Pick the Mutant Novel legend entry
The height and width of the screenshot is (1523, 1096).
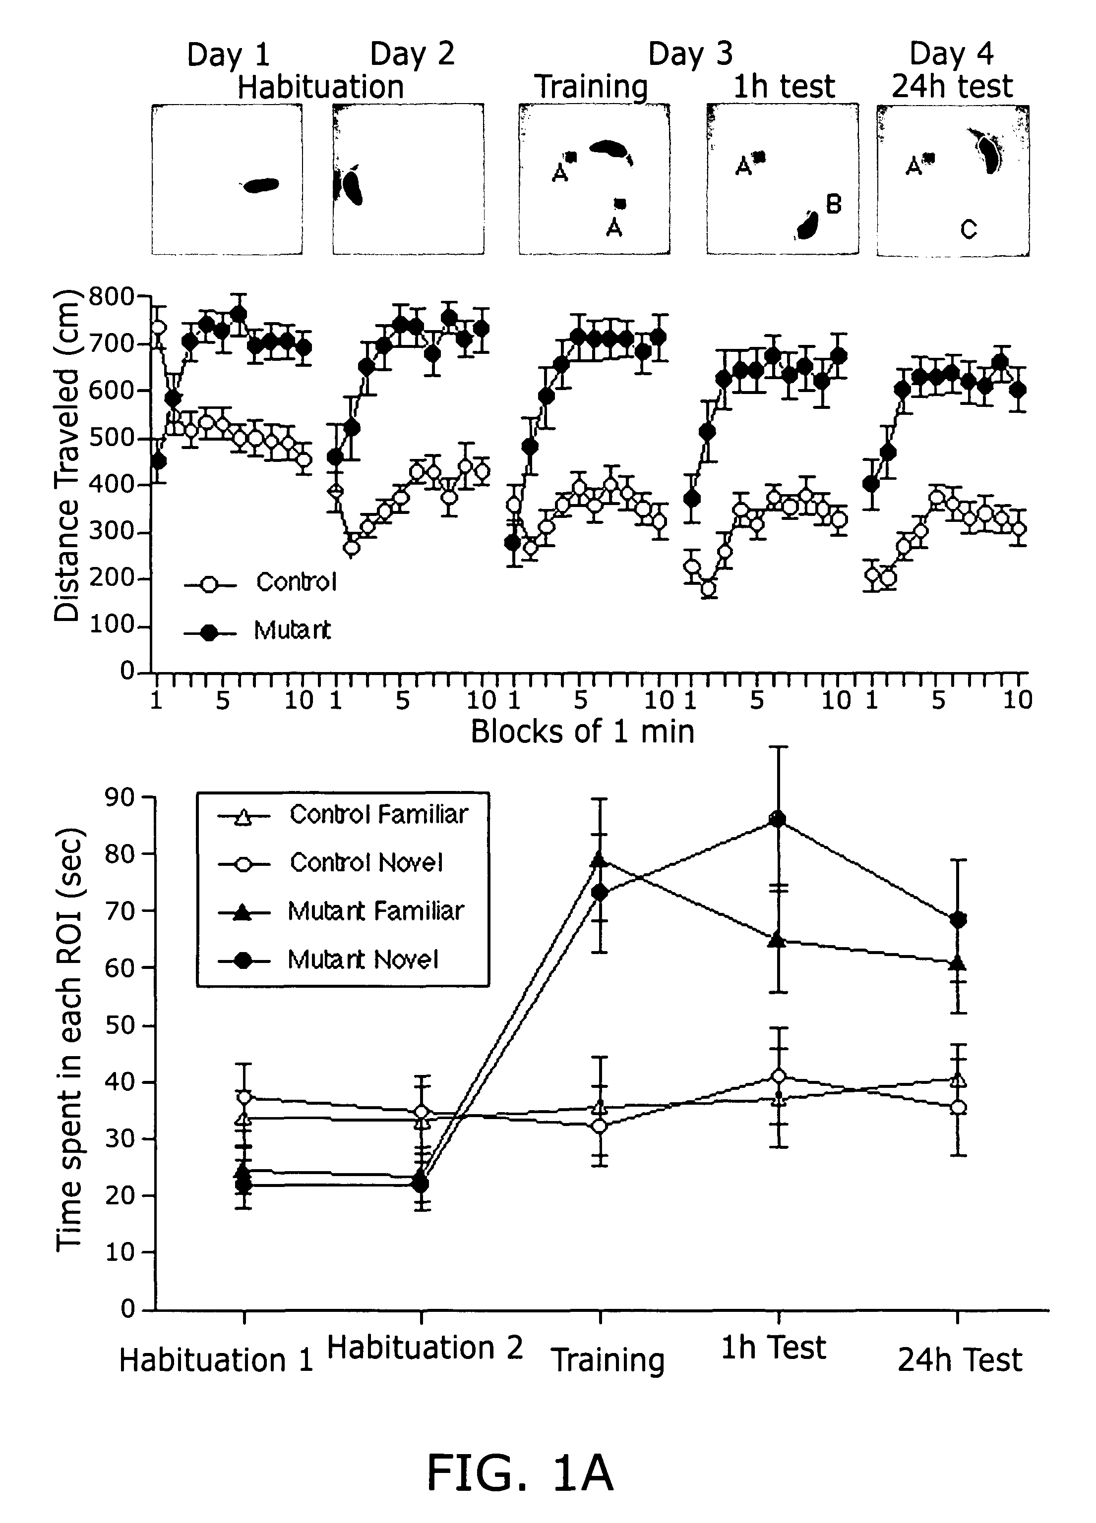363,959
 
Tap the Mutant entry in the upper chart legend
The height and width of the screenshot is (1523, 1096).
292,630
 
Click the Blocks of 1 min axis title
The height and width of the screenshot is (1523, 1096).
582,732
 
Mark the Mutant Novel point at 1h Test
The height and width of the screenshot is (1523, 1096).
778,820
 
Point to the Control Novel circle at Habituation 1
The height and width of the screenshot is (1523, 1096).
244,1098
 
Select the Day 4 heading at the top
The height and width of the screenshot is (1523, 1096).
951,54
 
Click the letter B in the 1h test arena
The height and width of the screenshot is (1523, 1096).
833,204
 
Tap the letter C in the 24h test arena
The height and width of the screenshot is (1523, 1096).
968,230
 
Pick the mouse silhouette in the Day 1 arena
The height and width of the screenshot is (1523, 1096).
261,185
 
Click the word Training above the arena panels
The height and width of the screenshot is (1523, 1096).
591,87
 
